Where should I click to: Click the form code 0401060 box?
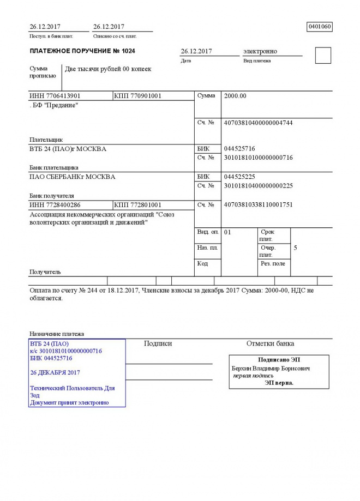pos(320,26)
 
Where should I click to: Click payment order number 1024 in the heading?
pos(126,51)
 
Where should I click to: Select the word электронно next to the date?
pos(260,51)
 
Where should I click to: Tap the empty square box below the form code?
pos(323,56)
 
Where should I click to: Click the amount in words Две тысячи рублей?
pos(108,69)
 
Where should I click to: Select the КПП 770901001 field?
pos(138,96)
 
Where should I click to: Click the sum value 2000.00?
pos(235,96)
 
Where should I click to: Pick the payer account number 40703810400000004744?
pos(259,123)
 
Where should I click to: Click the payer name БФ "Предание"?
pos(54,105)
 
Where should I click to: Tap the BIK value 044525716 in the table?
pos(239,148)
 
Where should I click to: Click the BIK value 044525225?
pos(239,177)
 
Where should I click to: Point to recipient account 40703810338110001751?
pos(259,205)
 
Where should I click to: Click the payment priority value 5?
pos(295,248)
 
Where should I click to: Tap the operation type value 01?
pos(228,232)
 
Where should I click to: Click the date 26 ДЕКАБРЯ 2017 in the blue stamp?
pos(56,372)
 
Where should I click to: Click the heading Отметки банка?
pos(270,343)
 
